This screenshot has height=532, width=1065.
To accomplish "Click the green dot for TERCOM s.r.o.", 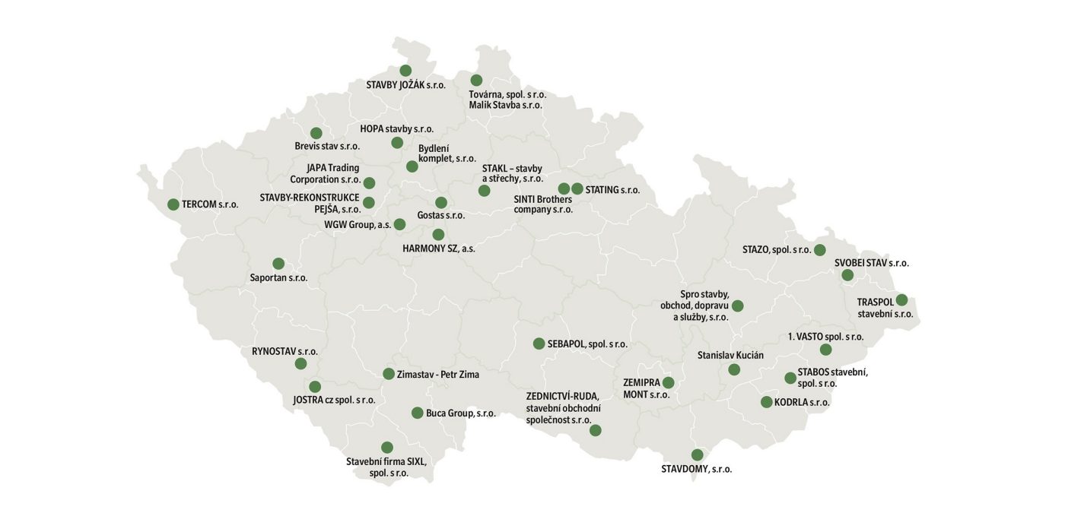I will tap(173, 204).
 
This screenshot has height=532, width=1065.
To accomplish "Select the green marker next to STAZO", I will tap(819, 250).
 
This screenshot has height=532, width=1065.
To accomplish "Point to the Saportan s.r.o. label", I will tap(278, 278).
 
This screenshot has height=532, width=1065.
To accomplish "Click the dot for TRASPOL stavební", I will tap(901, 300).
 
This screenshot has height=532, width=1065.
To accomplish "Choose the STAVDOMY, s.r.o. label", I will tap(697, 470).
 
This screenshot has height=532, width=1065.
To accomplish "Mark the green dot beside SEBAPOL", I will tap(539, 344).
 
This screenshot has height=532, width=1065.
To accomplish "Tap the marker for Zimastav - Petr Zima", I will tap(389, 374).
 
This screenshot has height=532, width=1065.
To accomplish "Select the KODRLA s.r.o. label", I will tap(802, 403).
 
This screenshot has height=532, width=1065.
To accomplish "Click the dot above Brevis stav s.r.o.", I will tap(316, 133).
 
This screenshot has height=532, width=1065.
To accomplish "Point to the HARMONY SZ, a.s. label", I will tap(439, 249).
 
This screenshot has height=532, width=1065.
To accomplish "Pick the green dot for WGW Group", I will tap(399, 224).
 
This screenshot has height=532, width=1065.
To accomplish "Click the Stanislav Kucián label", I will tap(730, 355).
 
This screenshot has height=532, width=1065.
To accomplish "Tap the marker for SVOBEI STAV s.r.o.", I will tap(847, 275).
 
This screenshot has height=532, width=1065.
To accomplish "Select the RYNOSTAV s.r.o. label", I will tap(285, 351).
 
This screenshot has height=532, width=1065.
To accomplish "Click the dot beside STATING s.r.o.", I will tap(577, 188).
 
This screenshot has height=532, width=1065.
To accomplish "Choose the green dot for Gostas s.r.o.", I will tap(441, 203).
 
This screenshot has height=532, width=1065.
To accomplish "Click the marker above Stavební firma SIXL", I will tap(387, 448).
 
